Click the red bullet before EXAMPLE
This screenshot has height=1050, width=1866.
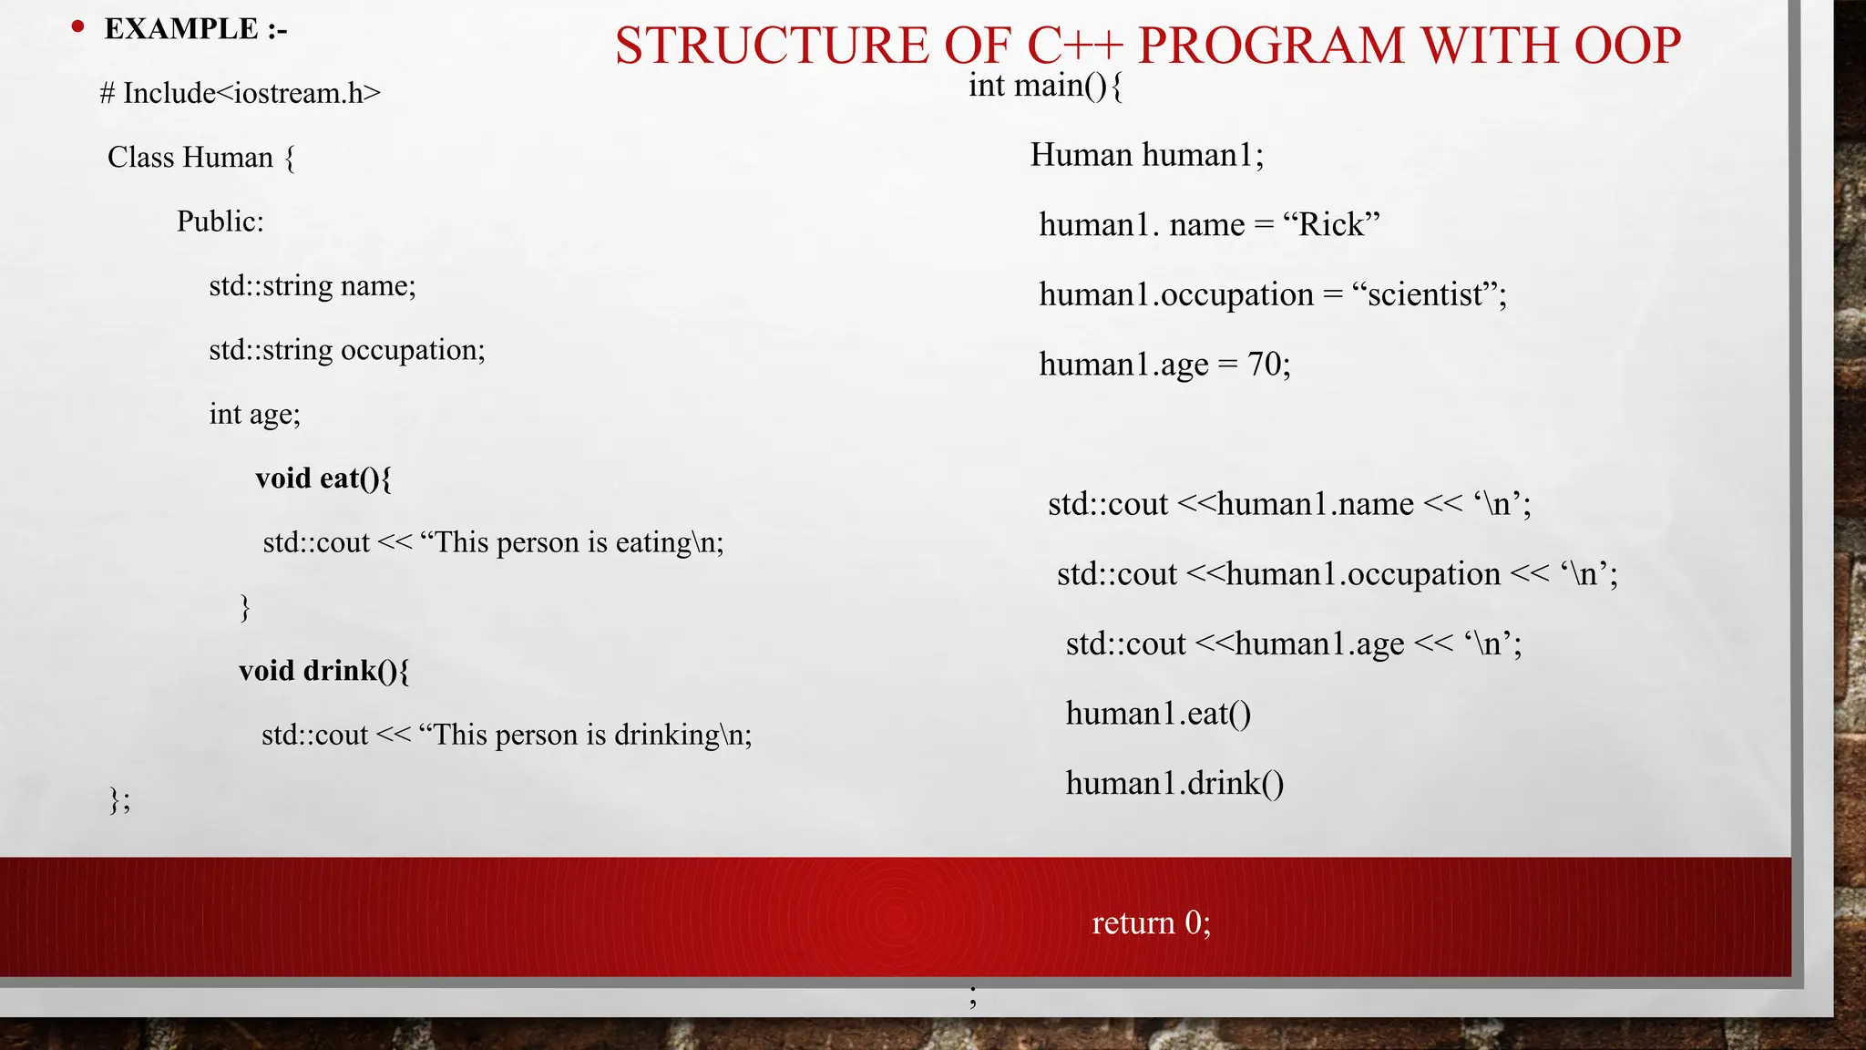pyautogui.click(x=78, y=27)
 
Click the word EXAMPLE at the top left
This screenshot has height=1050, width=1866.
pyautogui.click(x=181, y=29)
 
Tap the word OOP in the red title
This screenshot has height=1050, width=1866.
pyautogui.click(x=1627, y=46)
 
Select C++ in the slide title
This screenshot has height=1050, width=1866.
pyautogui.click(x=1075, y=46)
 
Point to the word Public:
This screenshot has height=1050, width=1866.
pyautogui.click(x=220, y=221)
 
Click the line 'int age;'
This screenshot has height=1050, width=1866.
pyautogui.click(x=254, y=414)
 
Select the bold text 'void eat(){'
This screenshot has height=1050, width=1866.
pyautogui.click(x=323, y=479)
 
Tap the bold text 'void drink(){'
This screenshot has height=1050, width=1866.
pyautogui.click(x=324, y=671)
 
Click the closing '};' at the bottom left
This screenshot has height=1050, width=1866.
pyautogui.click(x=119, y=799)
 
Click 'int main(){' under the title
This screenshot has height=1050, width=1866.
pyautogui.click(x=1045, y=86)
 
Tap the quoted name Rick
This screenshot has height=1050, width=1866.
pyautogui.click(x=1331, y=224)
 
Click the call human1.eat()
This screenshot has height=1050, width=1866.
pyautogui.click(x=1158, y=714)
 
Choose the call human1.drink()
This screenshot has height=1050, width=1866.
pyautogui.click(x=1174, y=783)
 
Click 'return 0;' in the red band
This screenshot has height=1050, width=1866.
pyautogui.click(x=1151, y=923)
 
